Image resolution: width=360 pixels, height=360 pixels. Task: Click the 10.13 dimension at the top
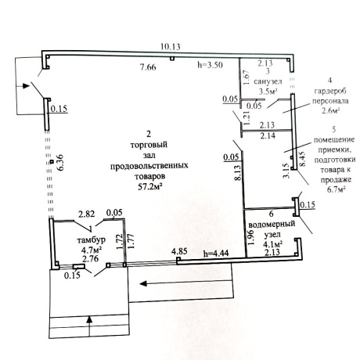[170, 47]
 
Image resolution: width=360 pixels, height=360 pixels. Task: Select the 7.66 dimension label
[148, 67]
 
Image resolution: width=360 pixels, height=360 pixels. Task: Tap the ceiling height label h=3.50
[210, 64]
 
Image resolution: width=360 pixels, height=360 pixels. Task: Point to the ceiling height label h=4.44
[216, 253]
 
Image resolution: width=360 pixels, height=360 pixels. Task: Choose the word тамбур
[92, 239]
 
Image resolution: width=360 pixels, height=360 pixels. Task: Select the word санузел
[268, 81]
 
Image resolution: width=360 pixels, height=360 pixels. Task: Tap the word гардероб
[330, 91]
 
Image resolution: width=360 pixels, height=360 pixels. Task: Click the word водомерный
[272, 225]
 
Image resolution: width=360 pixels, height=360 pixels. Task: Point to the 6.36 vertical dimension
[59, 163]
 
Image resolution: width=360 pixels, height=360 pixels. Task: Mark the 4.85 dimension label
[179, 251]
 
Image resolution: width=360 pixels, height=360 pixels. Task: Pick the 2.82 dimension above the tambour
[87, 214]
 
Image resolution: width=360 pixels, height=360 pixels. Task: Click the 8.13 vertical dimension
[238, 172]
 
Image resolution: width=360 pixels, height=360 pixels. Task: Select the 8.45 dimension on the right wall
[302, 159]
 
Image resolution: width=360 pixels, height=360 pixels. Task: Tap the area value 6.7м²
[337, 189]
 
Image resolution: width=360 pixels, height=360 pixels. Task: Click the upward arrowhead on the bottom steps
[89, 319]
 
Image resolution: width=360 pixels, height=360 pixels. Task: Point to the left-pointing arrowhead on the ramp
[143, 283]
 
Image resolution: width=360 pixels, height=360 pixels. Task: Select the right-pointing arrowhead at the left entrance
[26, 86]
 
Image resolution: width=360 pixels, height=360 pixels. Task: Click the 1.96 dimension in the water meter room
[250, 237]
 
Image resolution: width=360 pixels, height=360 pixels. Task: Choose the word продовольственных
[149, 166]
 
